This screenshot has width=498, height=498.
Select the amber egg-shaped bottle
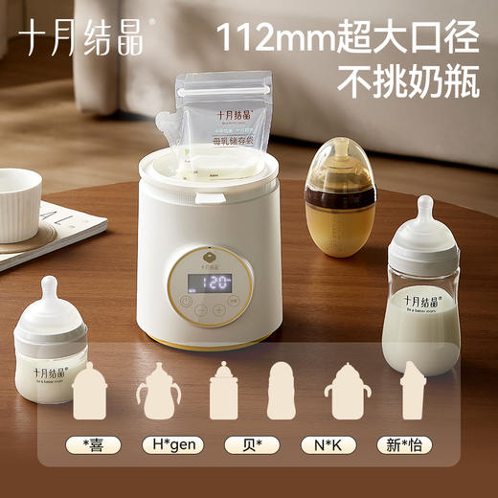tap(340, 192)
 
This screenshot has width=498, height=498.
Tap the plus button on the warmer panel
tap(219, 311)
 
